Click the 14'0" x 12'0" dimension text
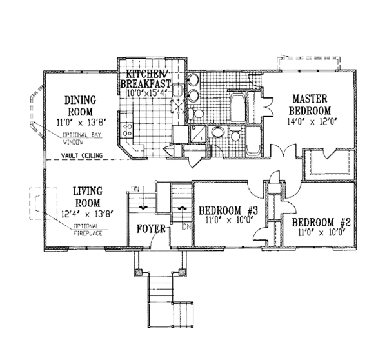click(312, 120)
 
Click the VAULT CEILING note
click(84, 155)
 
